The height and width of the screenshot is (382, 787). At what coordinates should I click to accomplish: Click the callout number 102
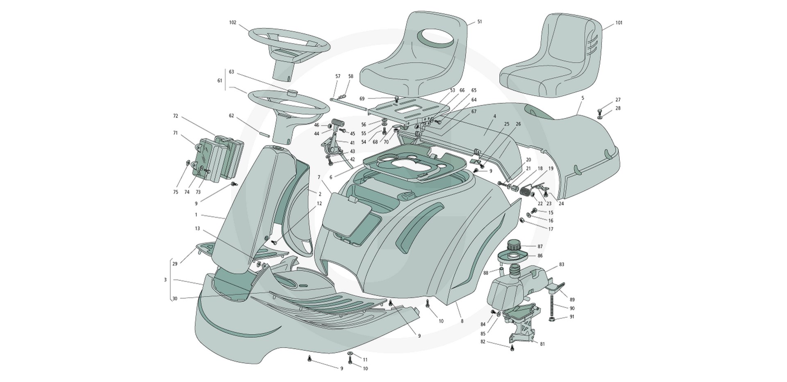tap(232, 23)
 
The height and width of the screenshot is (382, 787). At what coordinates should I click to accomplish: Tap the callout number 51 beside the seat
tap(480, 22)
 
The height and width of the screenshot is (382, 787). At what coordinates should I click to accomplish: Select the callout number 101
tap(619, 23)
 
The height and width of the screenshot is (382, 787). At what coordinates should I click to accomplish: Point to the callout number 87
tap(540, 246)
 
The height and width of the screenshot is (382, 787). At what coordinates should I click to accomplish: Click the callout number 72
tap(175, 116)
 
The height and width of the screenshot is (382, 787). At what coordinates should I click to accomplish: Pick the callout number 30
tap(175, 299)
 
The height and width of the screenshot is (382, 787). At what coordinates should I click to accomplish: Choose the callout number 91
tap(571, 317)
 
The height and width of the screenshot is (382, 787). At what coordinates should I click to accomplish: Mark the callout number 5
tap(582, 98)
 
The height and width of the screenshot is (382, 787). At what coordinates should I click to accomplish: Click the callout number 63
tap(231, 72)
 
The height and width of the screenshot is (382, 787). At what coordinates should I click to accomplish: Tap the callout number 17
tap(550, 229)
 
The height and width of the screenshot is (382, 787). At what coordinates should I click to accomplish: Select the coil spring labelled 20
tap(525, 191)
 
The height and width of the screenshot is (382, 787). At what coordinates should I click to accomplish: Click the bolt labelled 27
tap(600, 110)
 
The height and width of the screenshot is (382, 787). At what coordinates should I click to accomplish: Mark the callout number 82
tap(483, 341)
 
